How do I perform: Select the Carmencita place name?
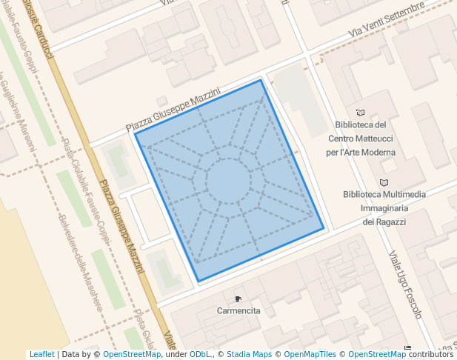point(238,311)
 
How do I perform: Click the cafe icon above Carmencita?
point(238,299)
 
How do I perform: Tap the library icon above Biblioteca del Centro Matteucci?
point(361,113)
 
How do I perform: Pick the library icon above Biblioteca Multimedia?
point(384,183)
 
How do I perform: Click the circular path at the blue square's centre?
point(229,181)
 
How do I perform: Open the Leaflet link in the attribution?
point(41,355)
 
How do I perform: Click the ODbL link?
point(200,355)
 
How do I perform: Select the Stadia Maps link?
point(249,355)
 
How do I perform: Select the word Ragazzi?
point(390,221)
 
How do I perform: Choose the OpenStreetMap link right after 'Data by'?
point(132,355)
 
